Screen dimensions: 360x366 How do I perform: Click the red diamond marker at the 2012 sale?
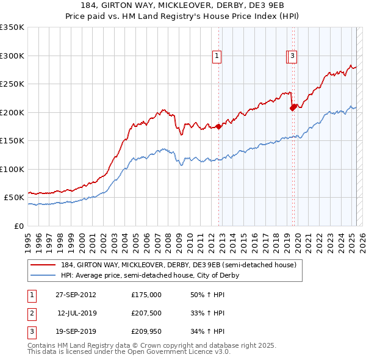pos(218,127)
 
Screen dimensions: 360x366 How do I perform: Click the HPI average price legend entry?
pos(150,275)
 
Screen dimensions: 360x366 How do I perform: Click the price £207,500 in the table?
pos(146,313)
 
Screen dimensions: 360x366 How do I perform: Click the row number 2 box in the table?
pos(30,313)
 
